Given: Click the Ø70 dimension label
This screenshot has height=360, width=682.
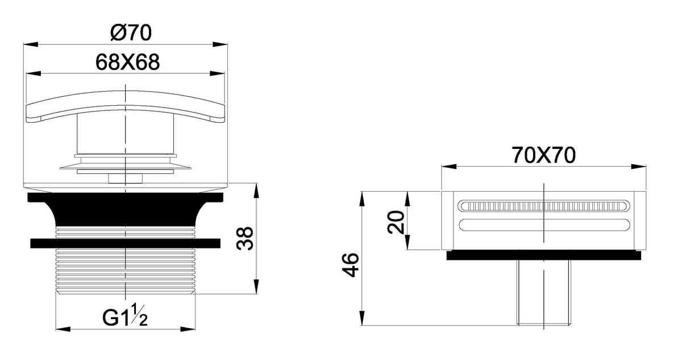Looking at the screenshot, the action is (x=131, y=32).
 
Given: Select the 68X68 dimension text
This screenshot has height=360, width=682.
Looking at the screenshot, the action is (x=127, y=62).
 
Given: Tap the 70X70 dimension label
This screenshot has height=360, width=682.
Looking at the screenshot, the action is (x=543, y=155).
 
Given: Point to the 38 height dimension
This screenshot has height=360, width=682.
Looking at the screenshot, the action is (x=245, y=238).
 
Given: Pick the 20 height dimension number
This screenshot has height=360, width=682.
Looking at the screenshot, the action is (x=396, y=222).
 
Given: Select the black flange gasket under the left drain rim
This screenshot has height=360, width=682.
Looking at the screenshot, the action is (x=126, y=209).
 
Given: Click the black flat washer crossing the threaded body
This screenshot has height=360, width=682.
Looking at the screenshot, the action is (x=126, y=243).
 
